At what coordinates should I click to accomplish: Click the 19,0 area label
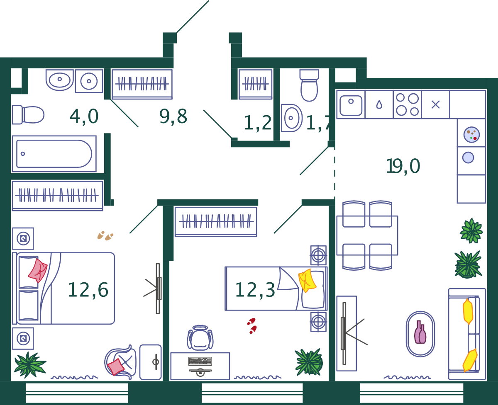click(403, 166)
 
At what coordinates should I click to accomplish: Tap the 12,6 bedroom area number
click(88, 290)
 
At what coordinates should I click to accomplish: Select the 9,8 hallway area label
click(173, 116)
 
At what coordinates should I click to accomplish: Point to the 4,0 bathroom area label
click(84, 116)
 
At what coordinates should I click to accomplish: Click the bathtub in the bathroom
click(54, 154)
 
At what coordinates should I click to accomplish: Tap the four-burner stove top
click(407, 104)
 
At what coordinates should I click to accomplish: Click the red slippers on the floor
click(252, 326)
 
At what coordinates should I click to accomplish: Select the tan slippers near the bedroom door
click(105, 236)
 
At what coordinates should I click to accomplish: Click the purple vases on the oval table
click(420, 332)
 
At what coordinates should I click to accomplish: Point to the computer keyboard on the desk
click(200, 361)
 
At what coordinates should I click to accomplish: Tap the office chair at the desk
click(200, 338)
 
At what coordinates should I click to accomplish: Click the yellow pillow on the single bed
click(307, 281)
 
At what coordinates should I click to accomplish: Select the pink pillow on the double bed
click(38, 270)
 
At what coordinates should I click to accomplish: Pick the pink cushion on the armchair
click(115, 367)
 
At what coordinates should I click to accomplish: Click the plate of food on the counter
click(471, 135)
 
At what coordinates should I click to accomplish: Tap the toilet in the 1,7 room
click(309, 85)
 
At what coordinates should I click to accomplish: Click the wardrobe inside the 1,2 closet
click(255, 84)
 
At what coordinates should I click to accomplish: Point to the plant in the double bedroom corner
click(30, 365)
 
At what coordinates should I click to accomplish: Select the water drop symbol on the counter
click(379, 104)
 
